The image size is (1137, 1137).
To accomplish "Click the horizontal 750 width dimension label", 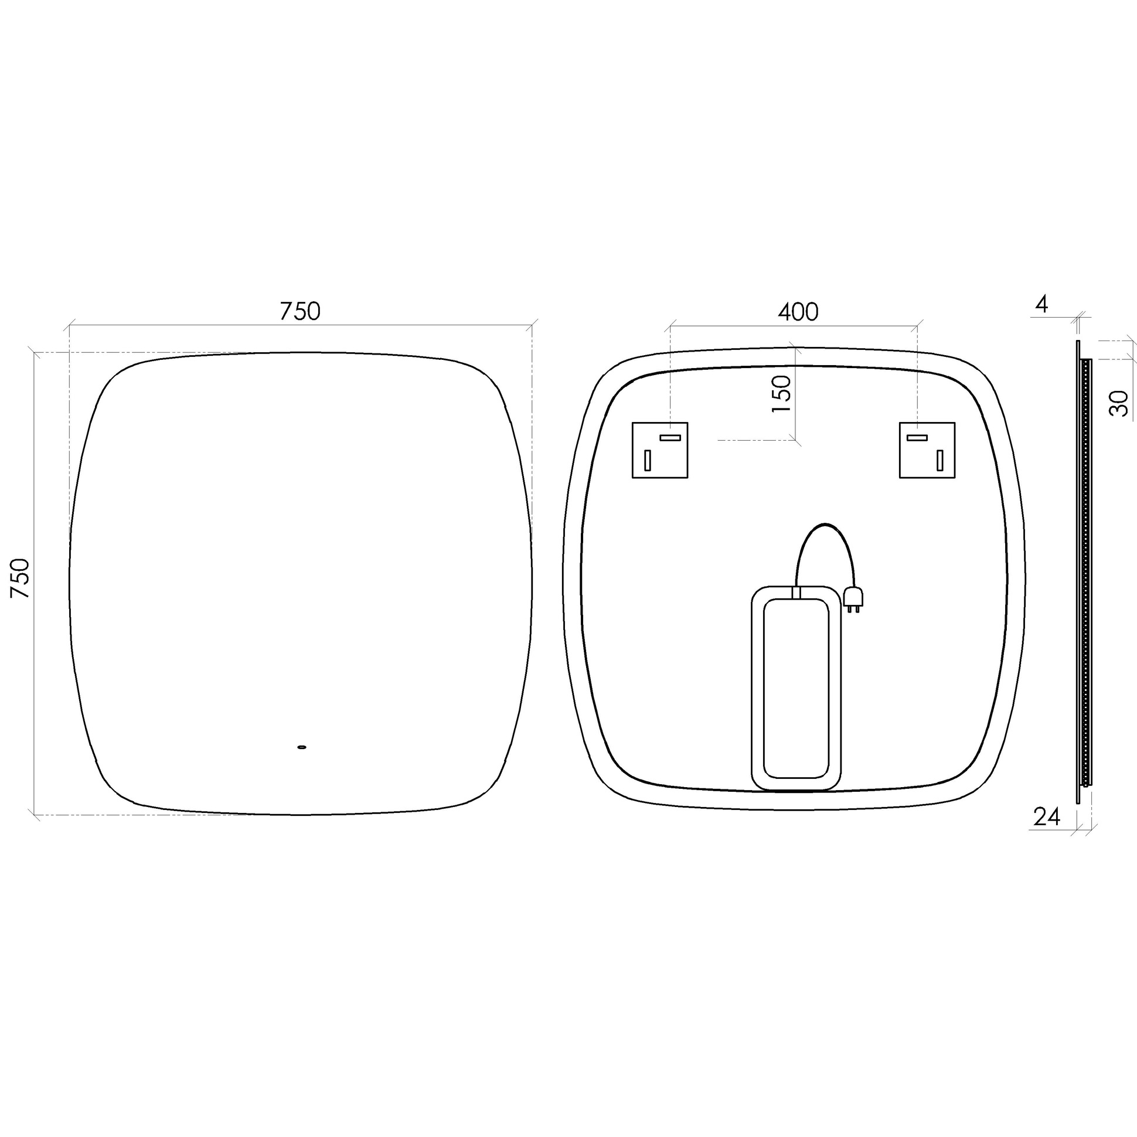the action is point(299,311).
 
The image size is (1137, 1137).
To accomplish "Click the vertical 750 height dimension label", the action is point(21,578).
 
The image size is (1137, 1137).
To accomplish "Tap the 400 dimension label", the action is point(798,312).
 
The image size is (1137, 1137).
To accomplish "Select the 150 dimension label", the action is point(781,394).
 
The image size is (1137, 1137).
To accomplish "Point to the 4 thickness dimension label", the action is point(1041,305).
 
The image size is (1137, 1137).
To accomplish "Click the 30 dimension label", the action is point(1119,404).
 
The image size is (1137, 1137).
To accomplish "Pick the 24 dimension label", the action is point(1047,817).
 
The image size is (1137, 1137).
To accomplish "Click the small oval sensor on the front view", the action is point(302,747).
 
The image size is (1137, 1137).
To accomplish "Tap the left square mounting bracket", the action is point(660,450).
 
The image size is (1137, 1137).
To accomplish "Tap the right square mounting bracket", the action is point(927,450).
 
